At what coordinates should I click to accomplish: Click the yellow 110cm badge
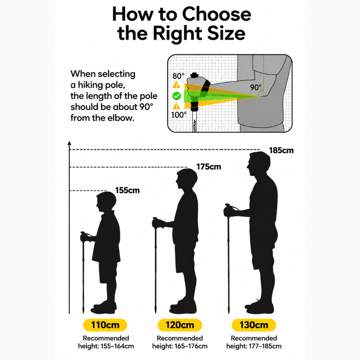tap(105, 325)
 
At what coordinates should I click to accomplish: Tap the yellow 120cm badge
tap(180, 325)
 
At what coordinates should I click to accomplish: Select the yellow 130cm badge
tap(254, 325)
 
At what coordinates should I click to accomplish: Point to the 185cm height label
tap(281, 150)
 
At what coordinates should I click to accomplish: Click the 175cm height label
tap(209, 167)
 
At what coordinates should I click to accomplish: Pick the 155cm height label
tap(127, 190)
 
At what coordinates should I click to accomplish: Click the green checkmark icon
tap(177, 96)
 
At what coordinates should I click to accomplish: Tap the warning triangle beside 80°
tap(176, 85)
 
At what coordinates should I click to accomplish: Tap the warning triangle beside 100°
tap(176, 106)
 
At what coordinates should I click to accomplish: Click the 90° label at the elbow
tap(256, 87)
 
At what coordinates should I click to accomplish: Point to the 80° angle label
tap(178, 76)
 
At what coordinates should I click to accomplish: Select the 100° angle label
tap(179, 115)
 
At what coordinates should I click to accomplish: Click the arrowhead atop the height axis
tap(69, 143)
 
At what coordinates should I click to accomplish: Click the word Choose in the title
tap(217, 14)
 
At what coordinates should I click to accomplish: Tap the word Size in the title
tap(226, 33)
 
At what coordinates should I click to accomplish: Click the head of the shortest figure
tap(106, 202)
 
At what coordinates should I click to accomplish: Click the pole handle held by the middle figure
tap(155, 222)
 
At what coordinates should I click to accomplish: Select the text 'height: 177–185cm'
tap(254, 346)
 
